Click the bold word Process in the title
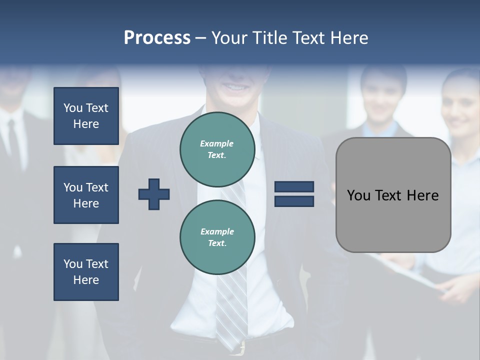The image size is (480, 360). click(157, 37)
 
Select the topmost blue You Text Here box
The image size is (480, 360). click(86, 116)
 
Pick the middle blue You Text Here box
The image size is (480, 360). click(86, 195)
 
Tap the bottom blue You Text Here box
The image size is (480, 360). click(86, 271)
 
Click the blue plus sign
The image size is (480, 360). click(154, 194)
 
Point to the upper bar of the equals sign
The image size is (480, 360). click(294, 187)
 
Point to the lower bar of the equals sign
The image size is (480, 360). click(294, 201)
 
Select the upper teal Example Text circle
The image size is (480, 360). click(217, 149)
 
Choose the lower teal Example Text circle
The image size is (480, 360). click(217, 237)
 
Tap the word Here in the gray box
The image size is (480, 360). click(422, 195)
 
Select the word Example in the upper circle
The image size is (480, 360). click(217, 143)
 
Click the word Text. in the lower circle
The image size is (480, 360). click(217, 243)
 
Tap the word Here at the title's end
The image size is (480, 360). click(348, 37)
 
